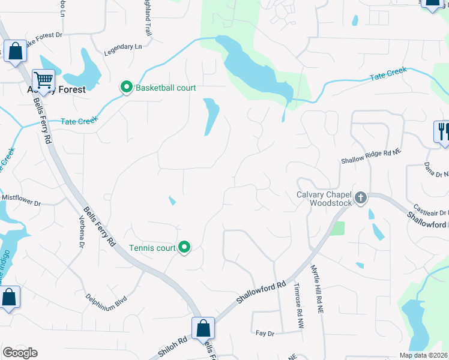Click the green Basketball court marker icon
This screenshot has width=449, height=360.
click(127, 88)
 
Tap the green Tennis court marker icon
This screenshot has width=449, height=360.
click(185, 247)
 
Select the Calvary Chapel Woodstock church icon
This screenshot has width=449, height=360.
click(361, 198)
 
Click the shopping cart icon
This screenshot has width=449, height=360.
click(43, 80)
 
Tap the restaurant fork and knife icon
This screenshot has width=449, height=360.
click(442, 131)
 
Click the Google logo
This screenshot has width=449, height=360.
click(20, 353)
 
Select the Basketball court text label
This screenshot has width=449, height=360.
click(166, 88)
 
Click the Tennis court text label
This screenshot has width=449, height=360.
click(151, 247)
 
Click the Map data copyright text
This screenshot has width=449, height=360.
click(424, 355)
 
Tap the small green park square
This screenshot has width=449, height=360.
click(337, 228)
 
